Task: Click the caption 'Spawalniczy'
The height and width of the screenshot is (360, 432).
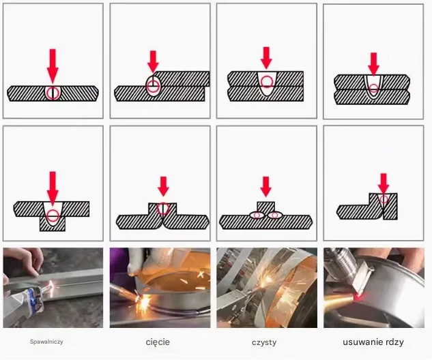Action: (x=46, y=342)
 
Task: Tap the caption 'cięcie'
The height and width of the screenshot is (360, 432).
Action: (x=158, y=342)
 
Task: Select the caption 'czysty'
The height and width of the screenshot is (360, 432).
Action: (x=264, y=343)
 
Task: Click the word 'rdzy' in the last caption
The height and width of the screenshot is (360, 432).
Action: (x=395, y=342)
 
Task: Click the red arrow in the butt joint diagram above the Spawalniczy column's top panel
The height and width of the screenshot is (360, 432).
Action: (x=53, y=66)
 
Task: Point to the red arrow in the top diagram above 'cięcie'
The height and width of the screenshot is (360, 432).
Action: (x=153, y=61)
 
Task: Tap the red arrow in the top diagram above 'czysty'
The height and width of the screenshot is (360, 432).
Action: (x=266, y=58)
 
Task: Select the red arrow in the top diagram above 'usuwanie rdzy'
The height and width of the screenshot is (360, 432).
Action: (x=373, y=64)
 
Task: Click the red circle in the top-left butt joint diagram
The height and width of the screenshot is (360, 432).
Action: (x=53, y=93)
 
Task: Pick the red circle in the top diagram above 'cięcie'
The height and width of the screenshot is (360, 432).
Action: (x=153, y=86)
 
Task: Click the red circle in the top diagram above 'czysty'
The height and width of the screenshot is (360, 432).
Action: (x=266, y=81)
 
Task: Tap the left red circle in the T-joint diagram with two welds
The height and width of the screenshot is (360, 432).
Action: (x=257, y=215)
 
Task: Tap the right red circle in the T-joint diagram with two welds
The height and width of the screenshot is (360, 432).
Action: (x=274, y=215)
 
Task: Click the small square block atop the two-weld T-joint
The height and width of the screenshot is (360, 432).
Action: (x=266, y=207)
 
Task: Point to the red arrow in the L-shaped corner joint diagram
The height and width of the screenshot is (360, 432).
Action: (x=384, y=183)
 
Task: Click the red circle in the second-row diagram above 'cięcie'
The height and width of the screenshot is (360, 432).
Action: (x=163, y=209)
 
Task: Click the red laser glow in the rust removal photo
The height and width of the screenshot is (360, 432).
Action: (x=358, y=297)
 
